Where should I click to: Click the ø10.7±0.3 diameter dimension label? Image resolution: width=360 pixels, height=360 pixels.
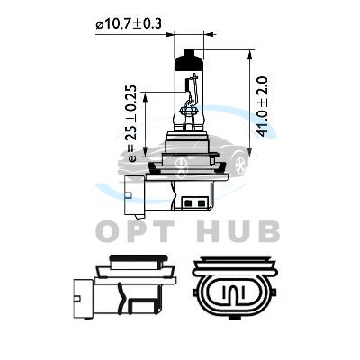[129, 23]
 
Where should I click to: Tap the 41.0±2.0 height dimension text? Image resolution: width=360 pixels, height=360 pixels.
[263, 107]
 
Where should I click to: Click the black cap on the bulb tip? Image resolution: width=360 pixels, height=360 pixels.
[189, 59]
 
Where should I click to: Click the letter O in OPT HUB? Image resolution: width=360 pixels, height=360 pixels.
[108, 231]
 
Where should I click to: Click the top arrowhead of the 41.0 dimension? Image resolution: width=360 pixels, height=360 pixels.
[250, 55]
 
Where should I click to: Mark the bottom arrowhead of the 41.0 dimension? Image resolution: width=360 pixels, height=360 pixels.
[250, 152]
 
